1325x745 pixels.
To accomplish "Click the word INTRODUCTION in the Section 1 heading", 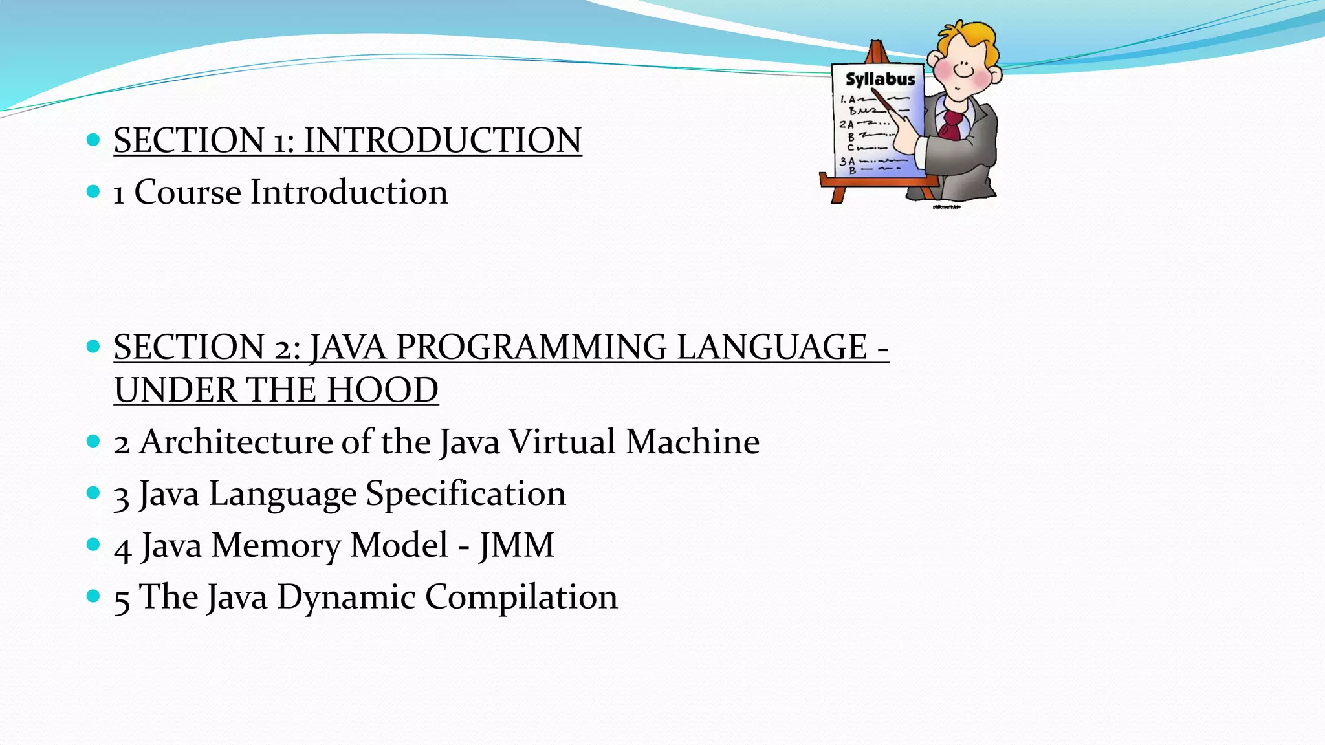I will pos(443,140).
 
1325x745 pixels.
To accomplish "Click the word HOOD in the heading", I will pos(382,390).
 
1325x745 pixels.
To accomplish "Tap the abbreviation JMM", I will pos(516,545).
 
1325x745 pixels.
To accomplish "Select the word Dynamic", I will pos(346,597).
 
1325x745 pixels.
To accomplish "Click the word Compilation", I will pos(521,597).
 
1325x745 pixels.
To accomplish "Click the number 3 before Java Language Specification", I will pos(121,497).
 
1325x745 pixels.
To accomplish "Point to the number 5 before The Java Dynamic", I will pos(122,600).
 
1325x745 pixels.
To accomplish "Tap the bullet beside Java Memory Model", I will pos(93,545).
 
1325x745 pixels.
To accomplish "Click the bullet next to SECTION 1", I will pos(93,139).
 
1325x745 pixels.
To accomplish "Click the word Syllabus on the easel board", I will pos(881,79).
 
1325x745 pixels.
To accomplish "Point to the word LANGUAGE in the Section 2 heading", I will pos(771,347).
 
